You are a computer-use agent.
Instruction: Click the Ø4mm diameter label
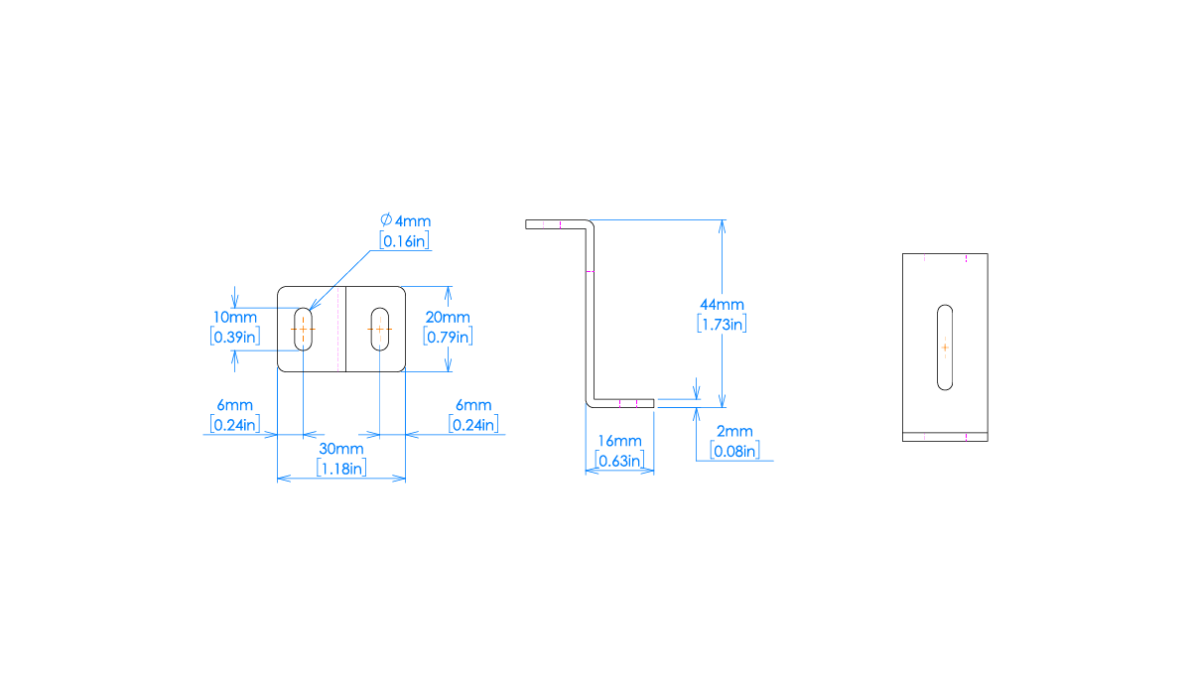405,220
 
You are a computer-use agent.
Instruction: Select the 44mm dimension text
722,304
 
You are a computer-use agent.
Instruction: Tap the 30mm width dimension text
340,450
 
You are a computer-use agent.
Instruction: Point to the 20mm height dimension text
448,317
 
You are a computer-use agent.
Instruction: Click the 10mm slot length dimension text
235,317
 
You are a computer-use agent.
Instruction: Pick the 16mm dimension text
619,441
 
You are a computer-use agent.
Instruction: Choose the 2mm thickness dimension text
734,432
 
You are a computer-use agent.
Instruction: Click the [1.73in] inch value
722,323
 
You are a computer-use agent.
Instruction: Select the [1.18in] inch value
340,468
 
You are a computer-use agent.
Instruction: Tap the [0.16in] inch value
405,240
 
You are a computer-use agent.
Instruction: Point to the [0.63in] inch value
619,460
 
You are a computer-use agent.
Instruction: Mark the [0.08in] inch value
734,451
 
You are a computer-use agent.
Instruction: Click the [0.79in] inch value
448,336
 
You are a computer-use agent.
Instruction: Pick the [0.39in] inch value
235,336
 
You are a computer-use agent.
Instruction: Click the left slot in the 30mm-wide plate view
304,329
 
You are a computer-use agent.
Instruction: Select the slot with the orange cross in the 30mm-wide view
380,329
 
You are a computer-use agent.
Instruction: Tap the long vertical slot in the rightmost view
945,347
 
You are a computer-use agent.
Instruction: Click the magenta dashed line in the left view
338,329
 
